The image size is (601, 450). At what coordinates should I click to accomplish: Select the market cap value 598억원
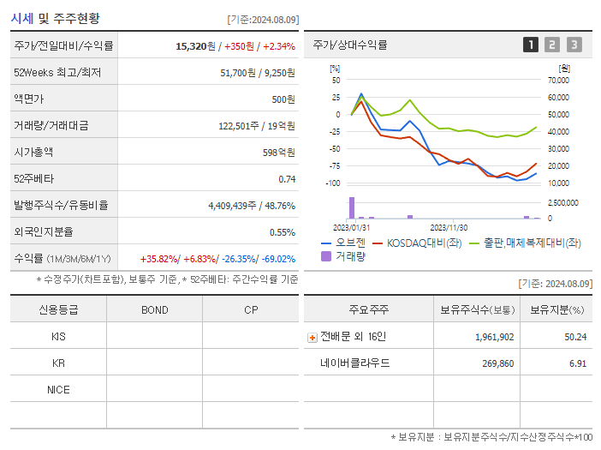278,153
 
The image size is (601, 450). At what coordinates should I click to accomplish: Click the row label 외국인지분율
43,232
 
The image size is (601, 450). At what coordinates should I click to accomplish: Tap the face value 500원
283,99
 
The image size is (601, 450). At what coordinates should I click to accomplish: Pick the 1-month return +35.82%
159,259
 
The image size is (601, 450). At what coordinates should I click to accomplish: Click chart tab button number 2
552,45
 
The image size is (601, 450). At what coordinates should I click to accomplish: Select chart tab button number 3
574,45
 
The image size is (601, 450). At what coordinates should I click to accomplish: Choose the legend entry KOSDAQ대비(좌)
417,243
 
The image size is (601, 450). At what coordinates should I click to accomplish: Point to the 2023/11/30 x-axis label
448,228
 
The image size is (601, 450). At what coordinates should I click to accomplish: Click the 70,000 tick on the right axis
557,80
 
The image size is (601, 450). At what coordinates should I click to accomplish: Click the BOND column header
154,310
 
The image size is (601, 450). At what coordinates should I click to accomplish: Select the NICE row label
58,390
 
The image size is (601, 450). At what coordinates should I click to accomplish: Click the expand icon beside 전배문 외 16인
312,338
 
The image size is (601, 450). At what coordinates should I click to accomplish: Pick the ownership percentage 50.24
575,337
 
